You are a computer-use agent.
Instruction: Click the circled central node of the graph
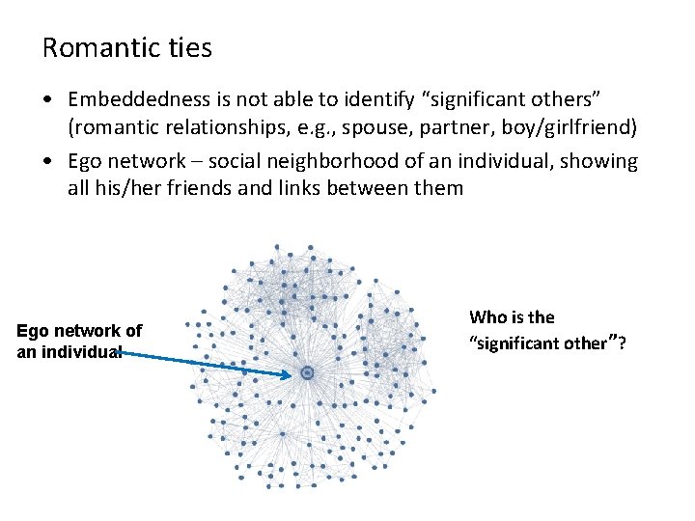[x=307, y=372]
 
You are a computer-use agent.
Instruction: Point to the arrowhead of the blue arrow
[x=289, y=374]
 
